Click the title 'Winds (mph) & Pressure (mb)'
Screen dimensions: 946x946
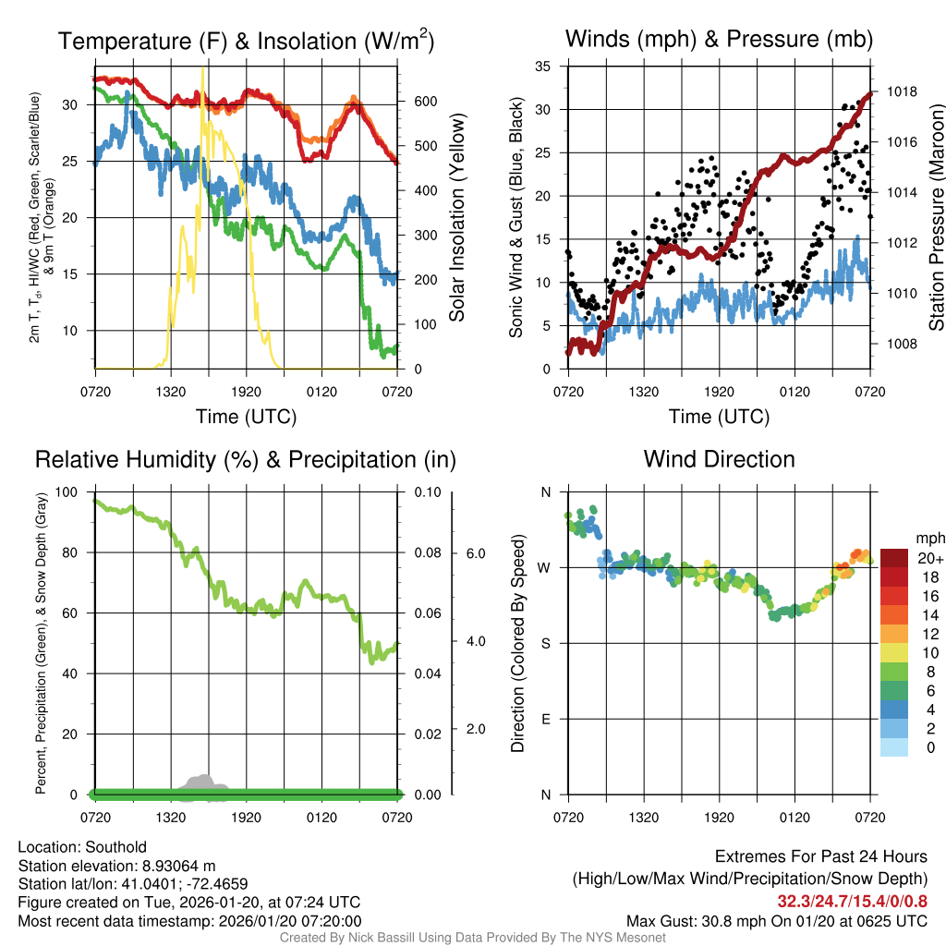[719, 39]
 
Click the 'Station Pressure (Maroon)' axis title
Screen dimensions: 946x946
[935, 219]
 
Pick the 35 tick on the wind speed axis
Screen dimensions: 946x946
[543, 67]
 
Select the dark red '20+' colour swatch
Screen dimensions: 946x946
[895, 559]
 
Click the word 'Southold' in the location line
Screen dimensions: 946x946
[113, 847]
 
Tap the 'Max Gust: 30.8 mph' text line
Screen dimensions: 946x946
[776, 920]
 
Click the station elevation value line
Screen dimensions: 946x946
[116, 866]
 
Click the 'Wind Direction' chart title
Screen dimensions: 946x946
[719, 459]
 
